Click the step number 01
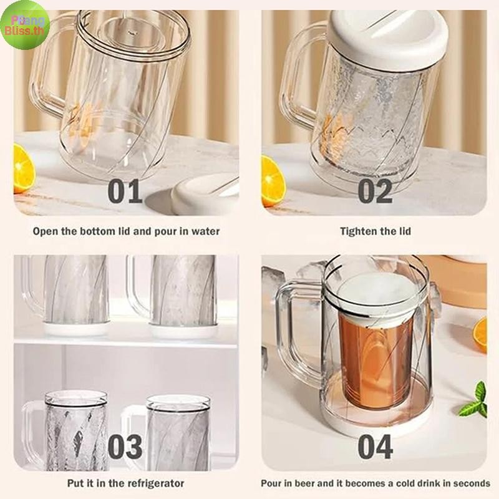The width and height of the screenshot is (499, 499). click(125, 191)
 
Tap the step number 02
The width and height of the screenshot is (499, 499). click(375, 191)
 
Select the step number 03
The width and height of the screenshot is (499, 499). click(125, 447)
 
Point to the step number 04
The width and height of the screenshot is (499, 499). click(375, 447)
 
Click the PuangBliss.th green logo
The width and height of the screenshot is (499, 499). click(25, 25)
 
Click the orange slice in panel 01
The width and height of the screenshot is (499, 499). click(24, 168)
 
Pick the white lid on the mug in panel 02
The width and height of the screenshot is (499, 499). click(389, 37)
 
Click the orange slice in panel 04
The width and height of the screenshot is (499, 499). click(480, 335)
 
